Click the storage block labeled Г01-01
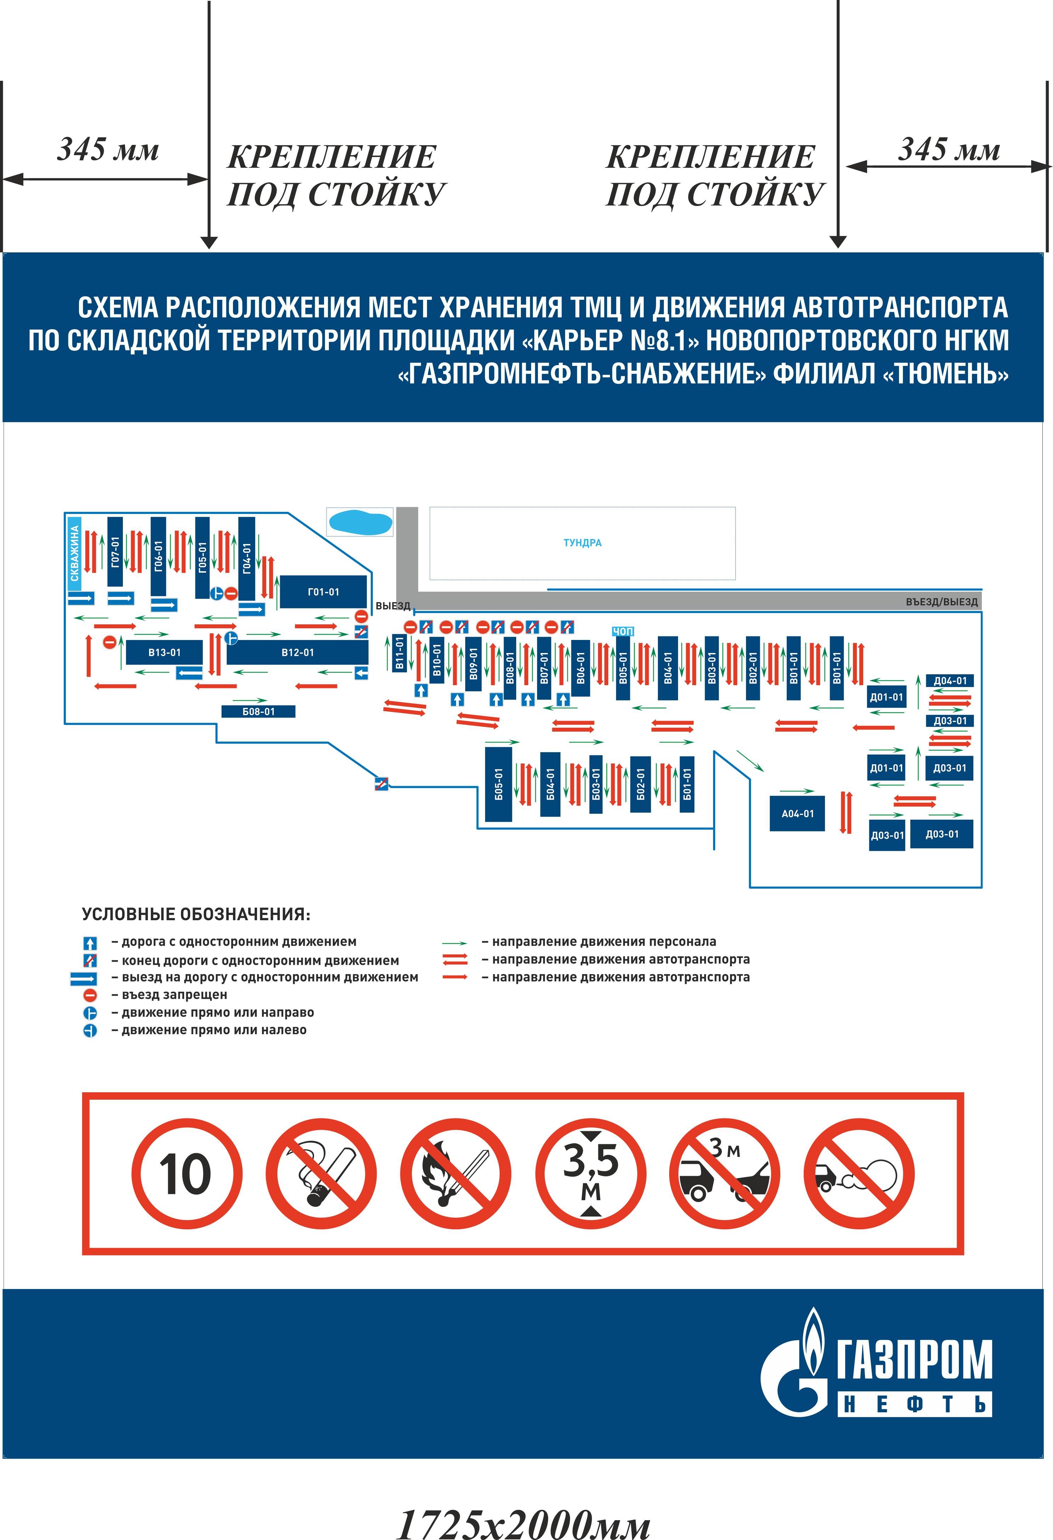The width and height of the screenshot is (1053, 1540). click(x=323, y=592)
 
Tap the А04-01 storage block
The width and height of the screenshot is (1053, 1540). click(x=797, y=814)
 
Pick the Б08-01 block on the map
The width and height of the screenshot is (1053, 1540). click(x=258, y=712)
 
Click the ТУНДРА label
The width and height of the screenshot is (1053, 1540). click(x=582, y=543)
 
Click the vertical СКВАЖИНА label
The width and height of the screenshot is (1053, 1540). click(x=75, y=553)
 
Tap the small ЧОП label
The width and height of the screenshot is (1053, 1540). click(x=623, y=631)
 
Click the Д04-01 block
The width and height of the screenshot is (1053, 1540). click(x=950, y=681)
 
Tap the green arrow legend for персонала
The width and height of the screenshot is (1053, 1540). click(x=455, y=942)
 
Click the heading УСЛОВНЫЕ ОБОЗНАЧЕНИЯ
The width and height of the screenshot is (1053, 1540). click(x=195, y=915)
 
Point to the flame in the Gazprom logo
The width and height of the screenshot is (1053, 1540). click(x=814, y=1339)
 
